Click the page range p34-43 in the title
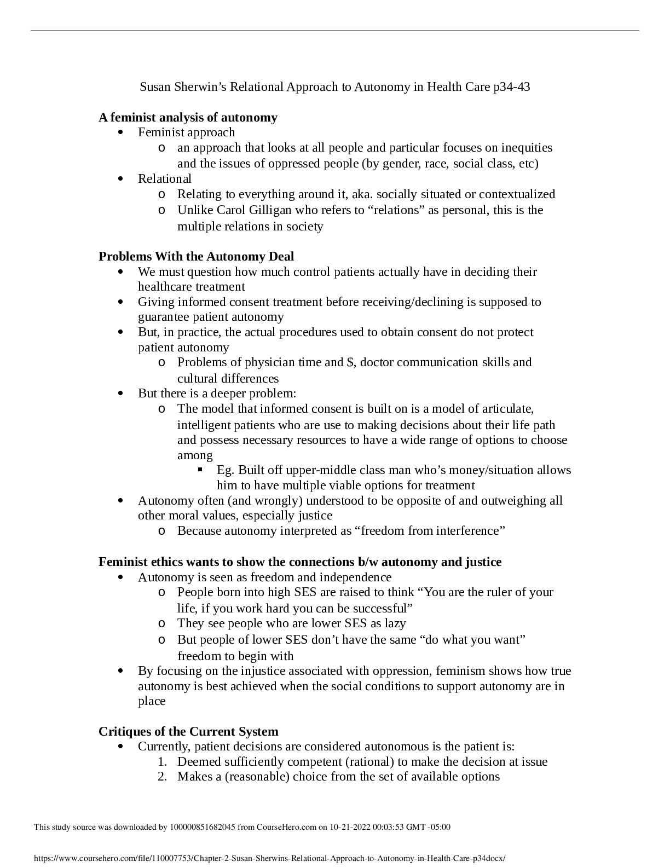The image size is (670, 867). (511, 86)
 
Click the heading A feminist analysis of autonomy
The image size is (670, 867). (188, 117)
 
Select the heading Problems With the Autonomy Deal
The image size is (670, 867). (196, 256)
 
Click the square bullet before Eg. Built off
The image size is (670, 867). (200, 470)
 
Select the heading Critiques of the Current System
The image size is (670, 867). (188, 731)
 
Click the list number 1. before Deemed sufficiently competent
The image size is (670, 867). (162, 762)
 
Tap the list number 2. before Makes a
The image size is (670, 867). (162, 777)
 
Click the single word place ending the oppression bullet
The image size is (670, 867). (152, 701)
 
